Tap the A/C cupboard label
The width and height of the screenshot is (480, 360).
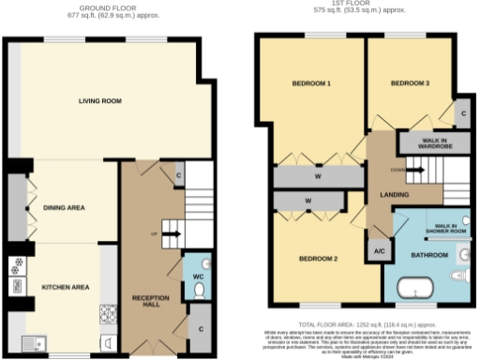pos(379,252)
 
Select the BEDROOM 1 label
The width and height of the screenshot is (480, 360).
pos(315,84)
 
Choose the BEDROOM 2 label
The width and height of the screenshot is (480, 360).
pos(315,258)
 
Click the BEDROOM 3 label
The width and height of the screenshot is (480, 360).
pos(409,84)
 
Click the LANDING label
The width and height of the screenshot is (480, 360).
pos(386,195)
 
